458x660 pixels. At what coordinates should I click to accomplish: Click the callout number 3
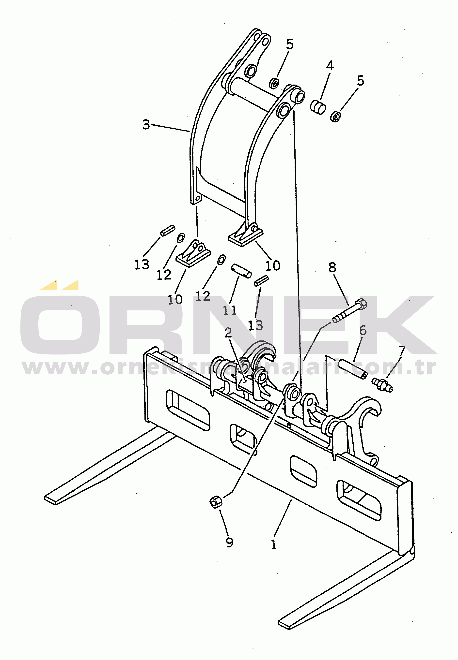(x=146, y=124)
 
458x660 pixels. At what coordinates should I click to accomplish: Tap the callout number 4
(x=330, y=66)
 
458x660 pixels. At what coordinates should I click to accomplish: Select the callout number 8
(x=332, y=267)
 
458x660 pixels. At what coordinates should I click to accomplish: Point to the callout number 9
(x=229, y=542)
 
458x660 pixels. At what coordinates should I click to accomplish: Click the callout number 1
(x=274, y=544)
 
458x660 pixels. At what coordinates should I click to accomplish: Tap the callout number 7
(x=401, y=351)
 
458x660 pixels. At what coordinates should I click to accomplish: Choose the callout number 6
(x=363, y=330)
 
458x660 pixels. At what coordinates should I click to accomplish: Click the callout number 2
(x=228, y=332)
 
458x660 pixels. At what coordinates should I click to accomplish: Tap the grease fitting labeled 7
(x=382, y=385)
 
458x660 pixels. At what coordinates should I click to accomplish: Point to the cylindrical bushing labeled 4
(x=318, y=106)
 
